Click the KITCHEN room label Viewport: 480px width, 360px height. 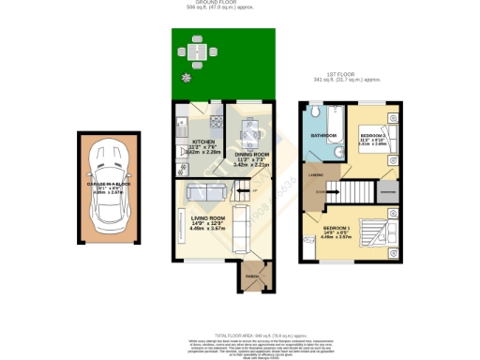190,142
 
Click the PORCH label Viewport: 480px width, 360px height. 251,277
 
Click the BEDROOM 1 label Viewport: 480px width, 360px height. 337,227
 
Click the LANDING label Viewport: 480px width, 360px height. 316,174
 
